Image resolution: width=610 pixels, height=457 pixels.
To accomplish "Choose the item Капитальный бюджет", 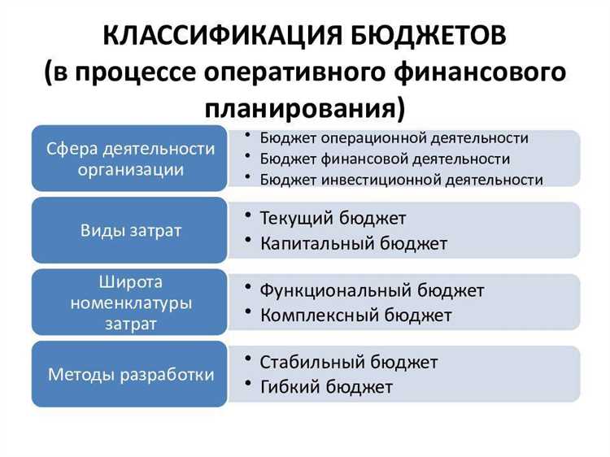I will [x=353, y=243].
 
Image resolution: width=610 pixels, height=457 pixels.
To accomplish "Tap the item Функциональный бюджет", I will [x=372, y=290].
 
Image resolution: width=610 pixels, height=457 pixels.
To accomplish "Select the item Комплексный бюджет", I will [x=355, y=315].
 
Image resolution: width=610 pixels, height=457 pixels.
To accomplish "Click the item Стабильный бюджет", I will [x=348, y=362].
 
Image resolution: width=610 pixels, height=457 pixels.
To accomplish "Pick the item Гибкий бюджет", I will [x=325, y=386].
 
